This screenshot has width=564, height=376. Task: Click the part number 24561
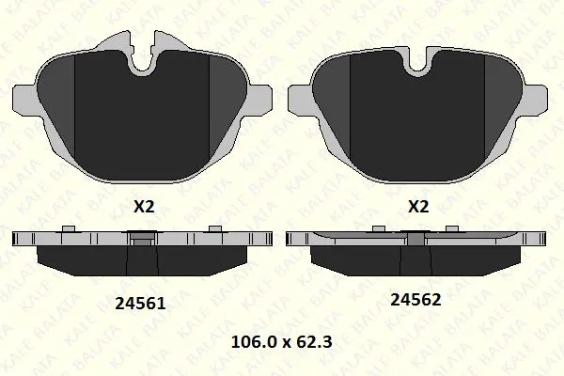[x=140, y=304]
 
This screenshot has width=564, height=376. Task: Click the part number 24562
[x=415, y=299]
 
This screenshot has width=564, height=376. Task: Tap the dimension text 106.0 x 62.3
[x=281, y=342]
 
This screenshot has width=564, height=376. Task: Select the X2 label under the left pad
[x=144, y=207]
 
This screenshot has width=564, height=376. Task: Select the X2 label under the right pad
[x=418, y=207]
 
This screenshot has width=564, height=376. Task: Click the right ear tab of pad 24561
[x=259, y=100]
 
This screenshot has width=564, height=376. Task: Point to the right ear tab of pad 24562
[x=535, y=100]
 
